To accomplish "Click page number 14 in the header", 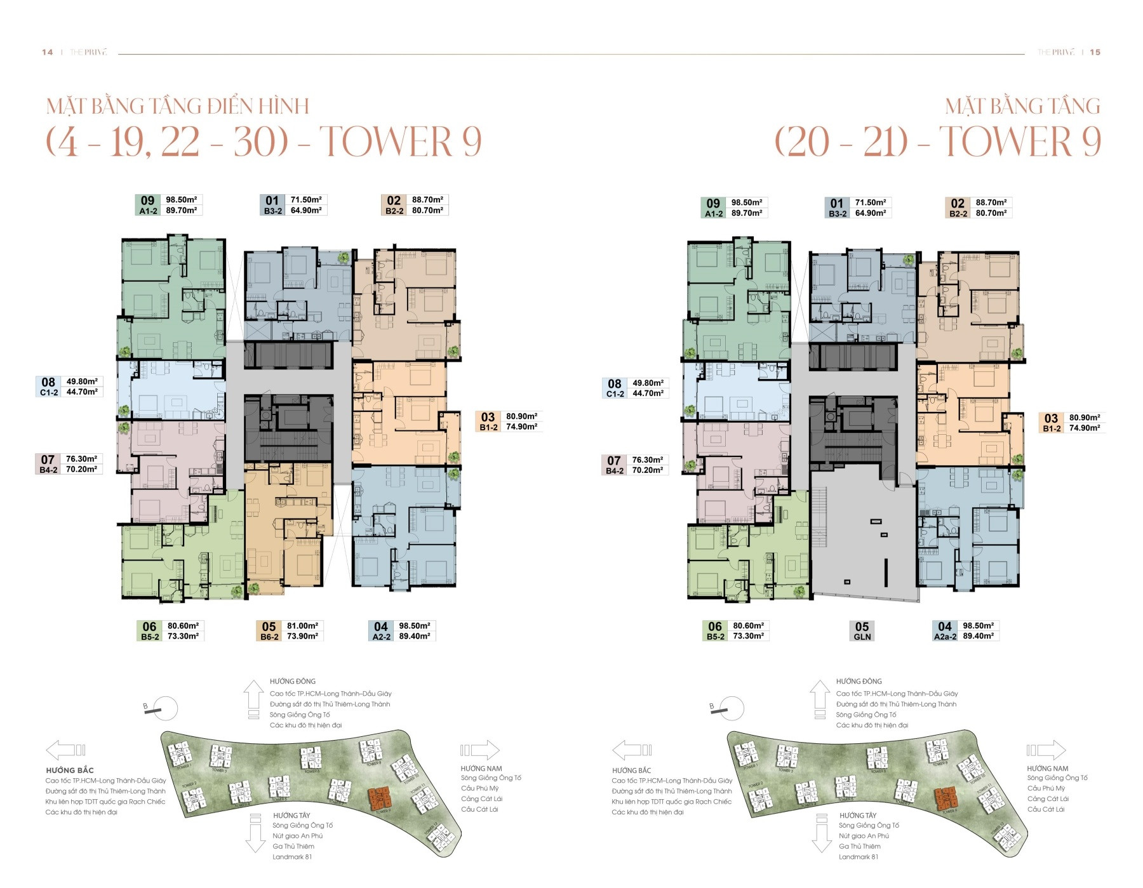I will coord(47,52).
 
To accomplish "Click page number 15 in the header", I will coord(1095,52).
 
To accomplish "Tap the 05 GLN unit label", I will coord(862,630).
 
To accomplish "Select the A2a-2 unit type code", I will coord(945,636).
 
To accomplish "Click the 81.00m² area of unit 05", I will coord(302,626).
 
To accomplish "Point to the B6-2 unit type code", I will coord(269,637).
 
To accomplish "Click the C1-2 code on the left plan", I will coord(49,393).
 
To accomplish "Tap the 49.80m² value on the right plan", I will coord(648,383).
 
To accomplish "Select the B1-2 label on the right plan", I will coord(1052,428).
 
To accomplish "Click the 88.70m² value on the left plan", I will coord(427,200).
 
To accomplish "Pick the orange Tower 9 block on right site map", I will coord(946,798).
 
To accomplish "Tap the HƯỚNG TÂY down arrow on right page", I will coord(821,837).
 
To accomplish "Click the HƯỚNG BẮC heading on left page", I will coord(70,770).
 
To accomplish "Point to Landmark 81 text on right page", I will coord(858,857).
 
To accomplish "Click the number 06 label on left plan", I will coord(149,626).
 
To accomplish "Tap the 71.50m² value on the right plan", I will coord(870,203).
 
